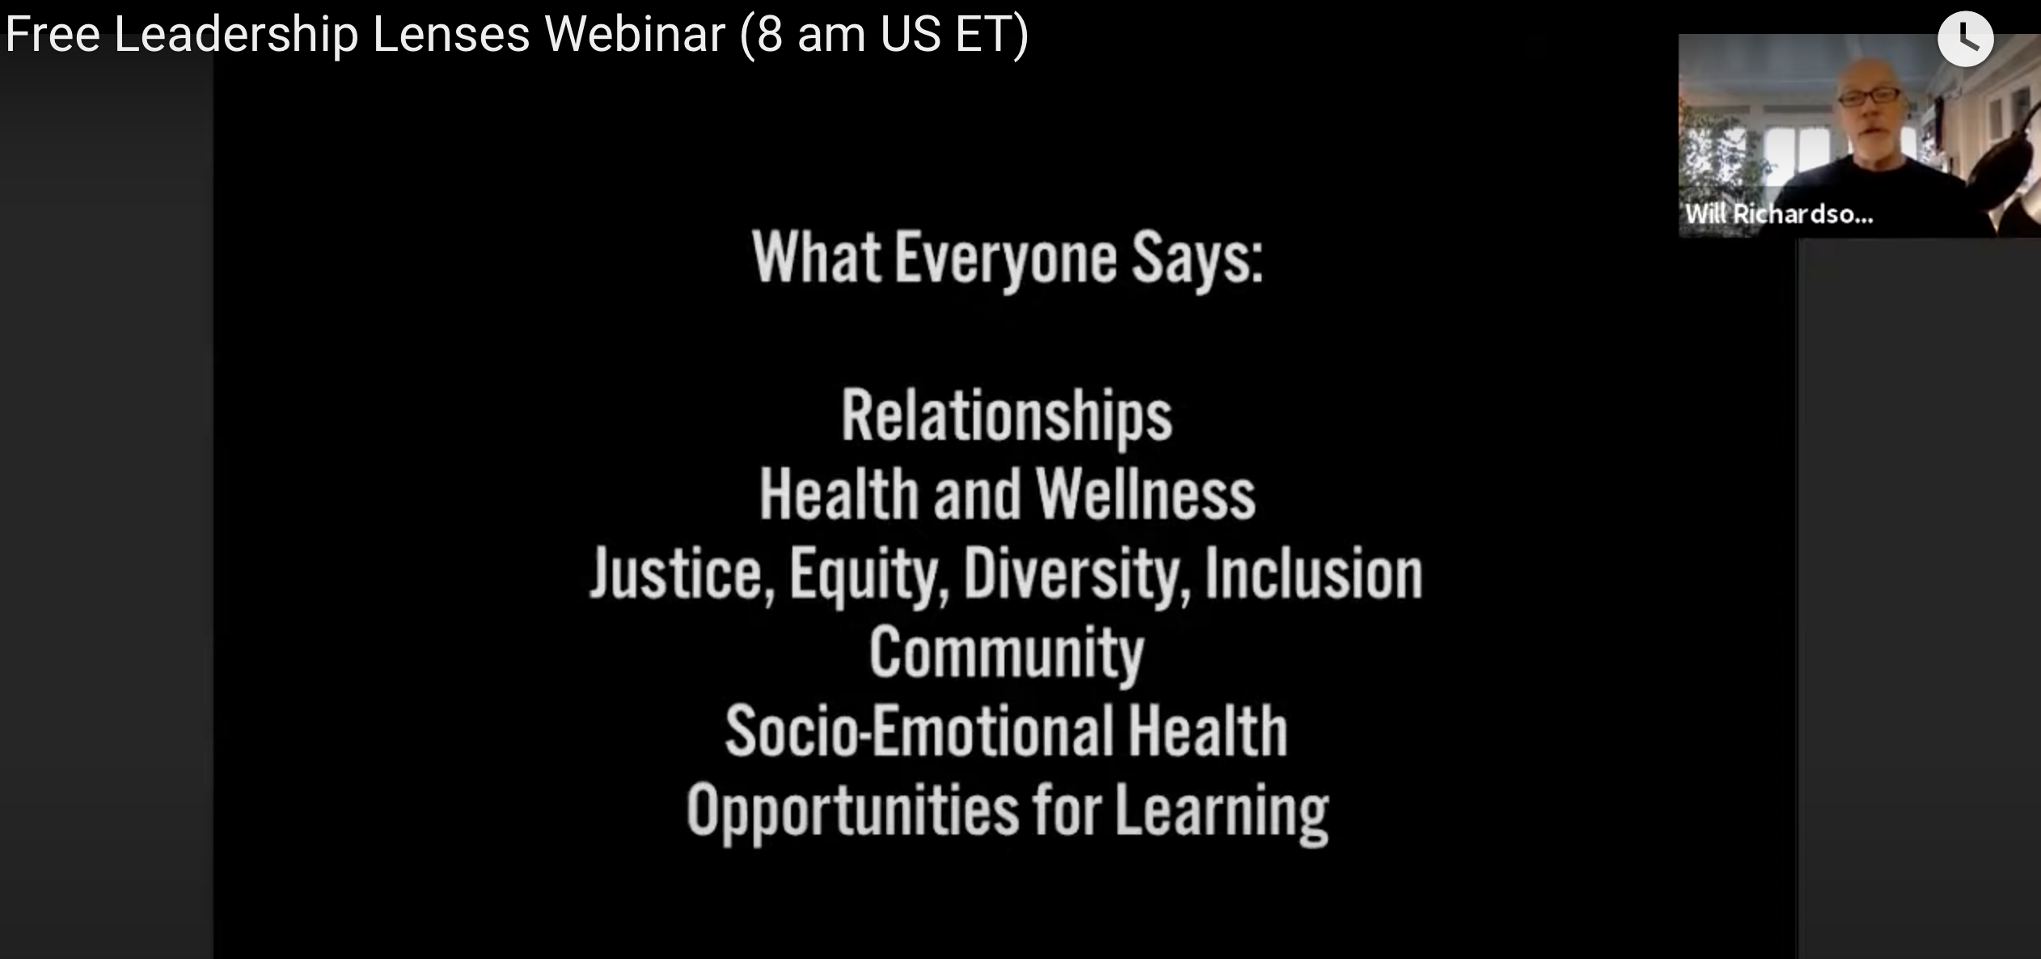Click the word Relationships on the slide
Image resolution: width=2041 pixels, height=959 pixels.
click(x=1007, y=416)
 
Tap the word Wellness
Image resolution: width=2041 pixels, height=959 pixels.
click(x=1146, y=494)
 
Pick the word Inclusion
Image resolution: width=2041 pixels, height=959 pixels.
click(x=1314, y=573)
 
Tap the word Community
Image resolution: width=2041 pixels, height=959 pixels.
click(x=1007, y=653)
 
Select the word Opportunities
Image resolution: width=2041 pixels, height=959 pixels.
click(x=853, y=811)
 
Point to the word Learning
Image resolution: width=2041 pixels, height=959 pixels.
click(x=1222, y=811)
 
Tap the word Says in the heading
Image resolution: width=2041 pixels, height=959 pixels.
click(x=1197, y=259)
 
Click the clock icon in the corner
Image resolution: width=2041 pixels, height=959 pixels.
click(x=1966, y=39)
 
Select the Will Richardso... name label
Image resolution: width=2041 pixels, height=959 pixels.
click(x=1779, y=214)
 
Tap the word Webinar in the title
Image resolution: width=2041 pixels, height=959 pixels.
click(x=635, y=34)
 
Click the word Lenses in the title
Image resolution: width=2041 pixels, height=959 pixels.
click(x=450, y=34)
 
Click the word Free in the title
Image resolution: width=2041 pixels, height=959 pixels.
click(x=53, y=34)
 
